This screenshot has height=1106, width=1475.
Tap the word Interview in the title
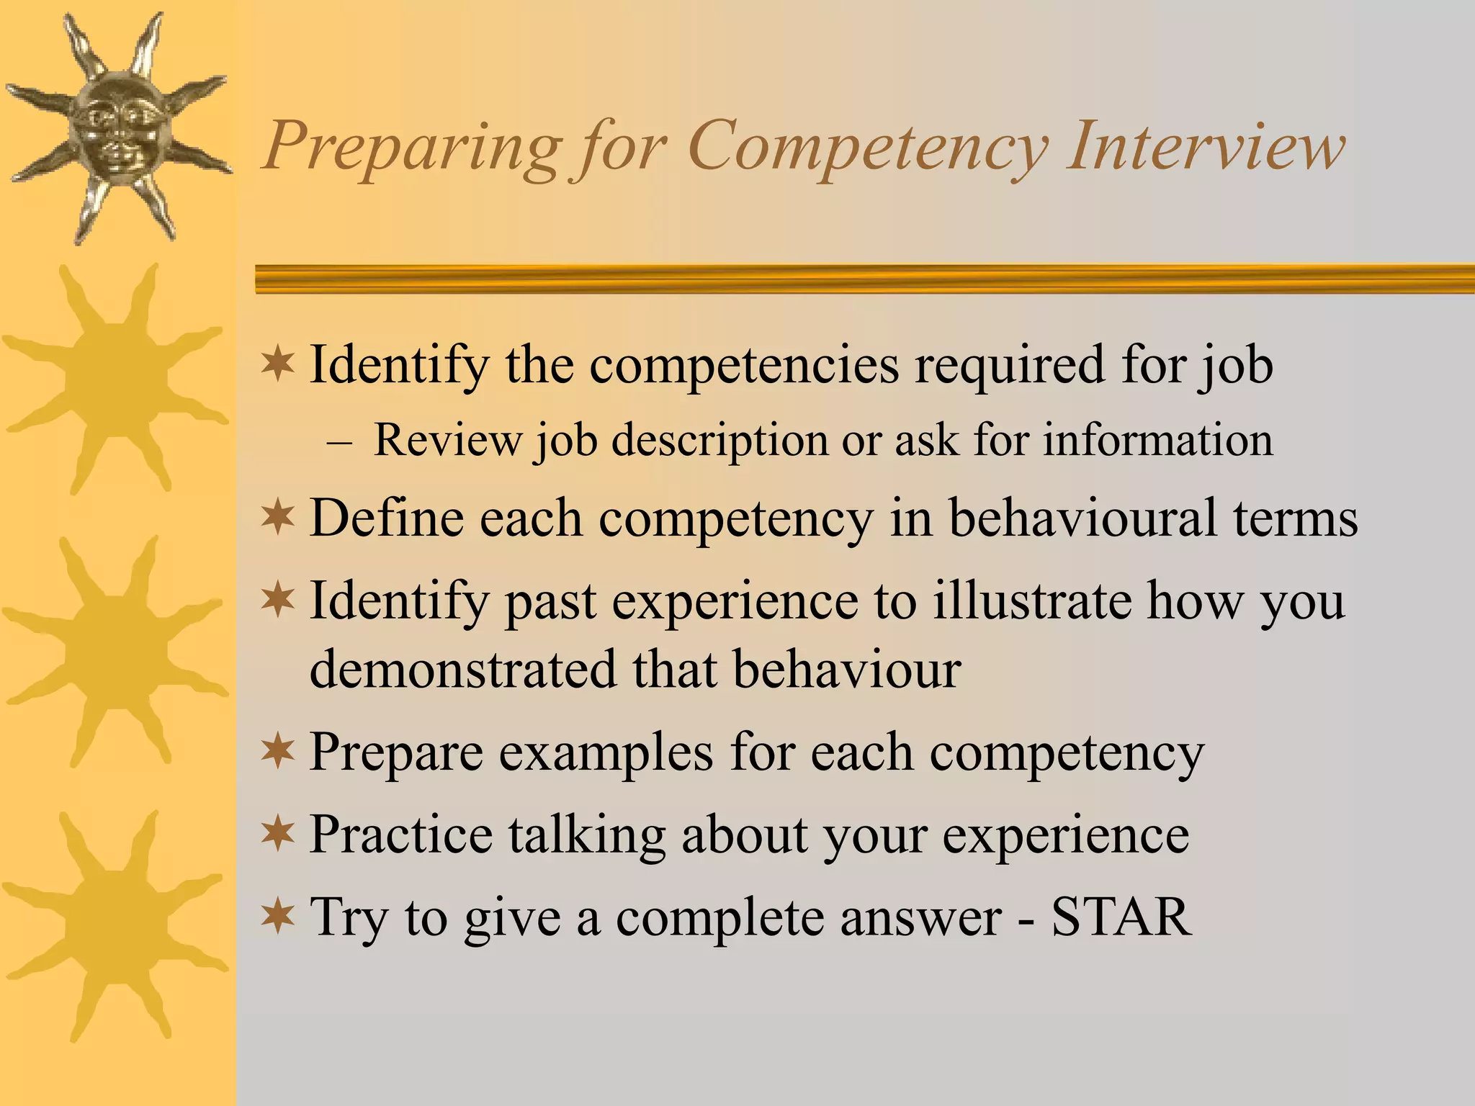click(1206, 146)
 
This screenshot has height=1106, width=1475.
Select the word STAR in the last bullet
click(1121, 917)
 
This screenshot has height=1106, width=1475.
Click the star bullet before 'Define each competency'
click(278, 518)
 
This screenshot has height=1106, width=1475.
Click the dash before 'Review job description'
click(339, 441)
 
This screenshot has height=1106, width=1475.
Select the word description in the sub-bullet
click(719, 441)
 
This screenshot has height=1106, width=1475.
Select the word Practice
click(400, 835)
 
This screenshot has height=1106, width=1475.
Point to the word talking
click(587, 836)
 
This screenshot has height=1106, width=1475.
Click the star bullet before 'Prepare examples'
click(278, 752)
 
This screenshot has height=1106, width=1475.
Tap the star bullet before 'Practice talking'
click(278, 835)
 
